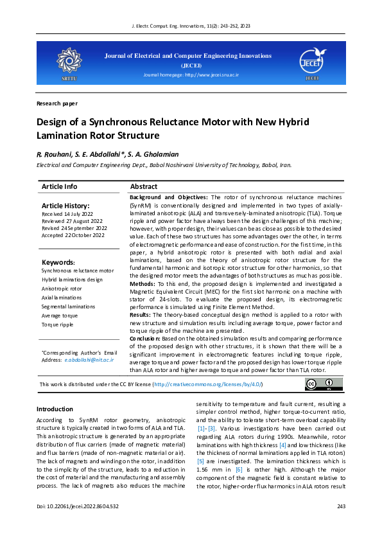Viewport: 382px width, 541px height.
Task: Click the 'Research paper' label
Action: click(x=57, y=103)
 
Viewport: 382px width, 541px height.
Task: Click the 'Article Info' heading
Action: click(x=59, y=186)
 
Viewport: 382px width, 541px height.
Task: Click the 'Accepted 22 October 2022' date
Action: click(x=74, y=235)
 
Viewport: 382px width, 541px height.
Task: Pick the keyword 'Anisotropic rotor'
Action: click(x=62, y=288)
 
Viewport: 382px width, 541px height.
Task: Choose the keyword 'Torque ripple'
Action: click(x=57, y=324)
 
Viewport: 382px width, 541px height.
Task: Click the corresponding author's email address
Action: click(x=89, y=360)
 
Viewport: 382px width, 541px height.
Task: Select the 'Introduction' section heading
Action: click(x=55, y=409)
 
